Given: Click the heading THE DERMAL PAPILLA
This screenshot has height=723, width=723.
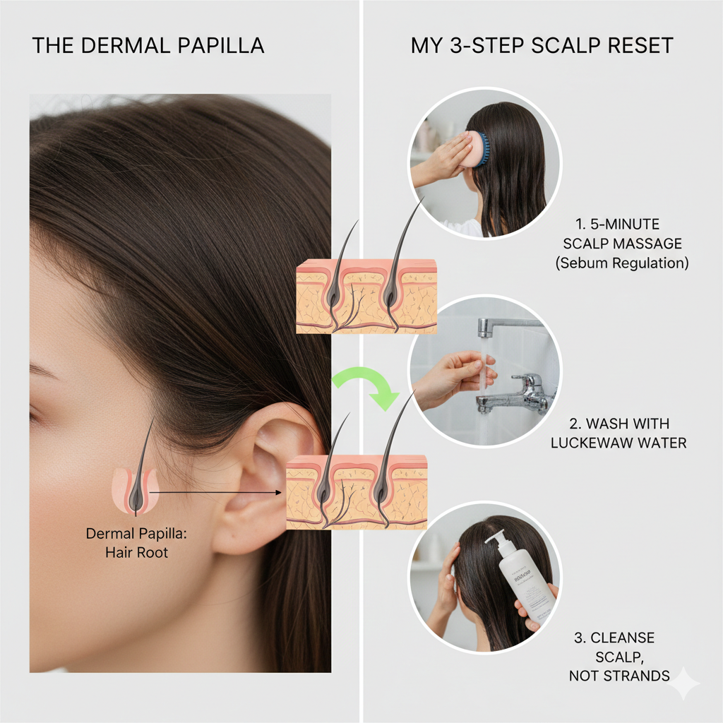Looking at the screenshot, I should click(x=148, y=47).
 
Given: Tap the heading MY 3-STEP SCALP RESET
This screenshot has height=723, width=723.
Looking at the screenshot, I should click(x=542, y=47).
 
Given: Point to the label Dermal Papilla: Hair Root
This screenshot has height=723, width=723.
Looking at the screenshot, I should click(x=127, y=542).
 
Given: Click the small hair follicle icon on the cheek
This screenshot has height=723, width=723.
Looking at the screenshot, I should click(x=135, y=487).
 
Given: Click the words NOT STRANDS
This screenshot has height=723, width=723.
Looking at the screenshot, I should click(x=619, y=676).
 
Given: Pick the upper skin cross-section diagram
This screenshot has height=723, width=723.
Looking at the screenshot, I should click(x=366, y=296).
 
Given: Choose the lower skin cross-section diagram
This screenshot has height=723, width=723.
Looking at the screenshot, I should click(x=357, y=492).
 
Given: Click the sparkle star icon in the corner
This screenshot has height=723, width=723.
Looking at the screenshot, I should click(x=684, y=683).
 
